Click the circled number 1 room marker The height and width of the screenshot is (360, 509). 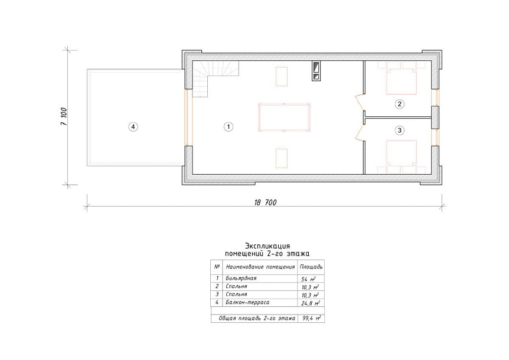(229, 126)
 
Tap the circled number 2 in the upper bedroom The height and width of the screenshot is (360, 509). (399, 104)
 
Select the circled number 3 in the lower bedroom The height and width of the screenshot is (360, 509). (399, 130)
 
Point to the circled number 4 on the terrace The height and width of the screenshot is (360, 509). (133, 126)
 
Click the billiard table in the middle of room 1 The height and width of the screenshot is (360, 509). (285, 117)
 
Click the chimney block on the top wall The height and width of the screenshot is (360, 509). (316, 71)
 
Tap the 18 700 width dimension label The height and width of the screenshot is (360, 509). (265, 202)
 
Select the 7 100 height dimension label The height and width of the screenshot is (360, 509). (64, 117)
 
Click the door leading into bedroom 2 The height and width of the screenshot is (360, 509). (360, 102)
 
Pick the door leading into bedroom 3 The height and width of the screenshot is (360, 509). (360, 132)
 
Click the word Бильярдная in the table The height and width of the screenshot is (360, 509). (241, 279)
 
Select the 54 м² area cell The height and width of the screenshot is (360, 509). (308, 279)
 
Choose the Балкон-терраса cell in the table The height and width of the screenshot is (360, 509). (247, 302)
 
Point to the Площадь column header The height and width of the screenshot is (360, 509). (311, 267)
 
